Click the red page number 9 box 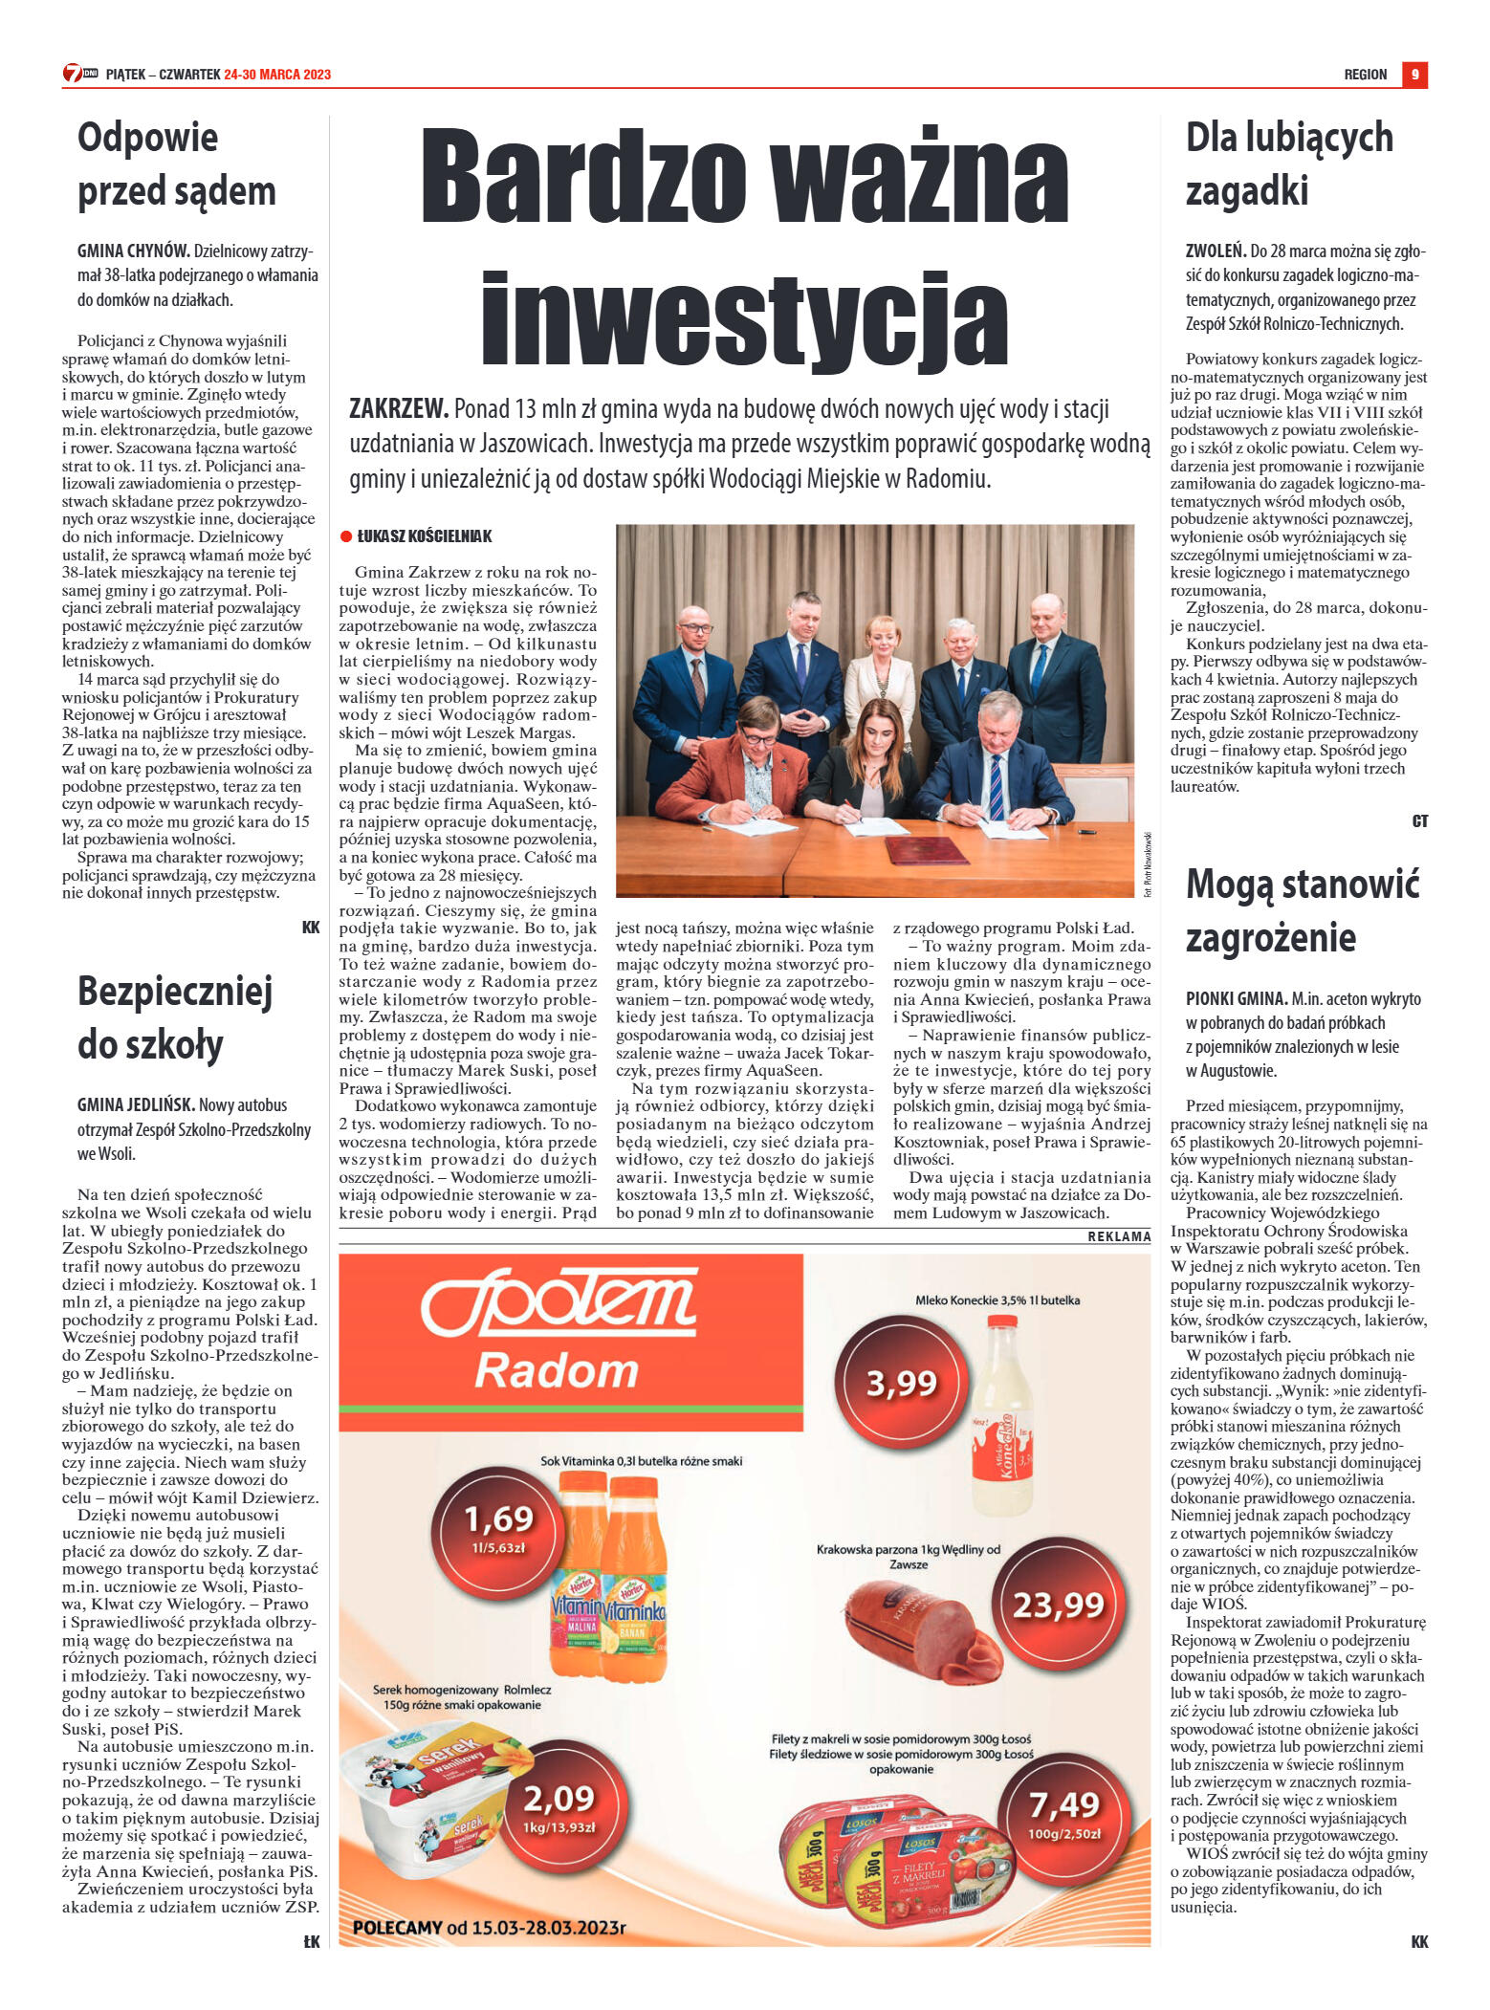tap(1414, 75)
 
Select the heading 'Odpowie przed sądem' tap(177, 164)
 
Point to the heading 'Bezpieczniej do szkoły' tap(175, 1017)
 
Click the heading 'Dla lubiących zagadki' tap(1289, 164)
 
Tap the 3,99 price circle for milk tap(901, 1383)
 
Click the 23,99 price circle tap(1057, 1605)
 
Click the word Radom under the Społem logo tap(557, 1371)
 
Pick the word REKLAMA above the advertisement tap(1118, 1236)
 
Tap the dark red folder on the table tap(926, 847)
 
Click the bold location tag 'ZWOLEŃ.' tap(1216, 251)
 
